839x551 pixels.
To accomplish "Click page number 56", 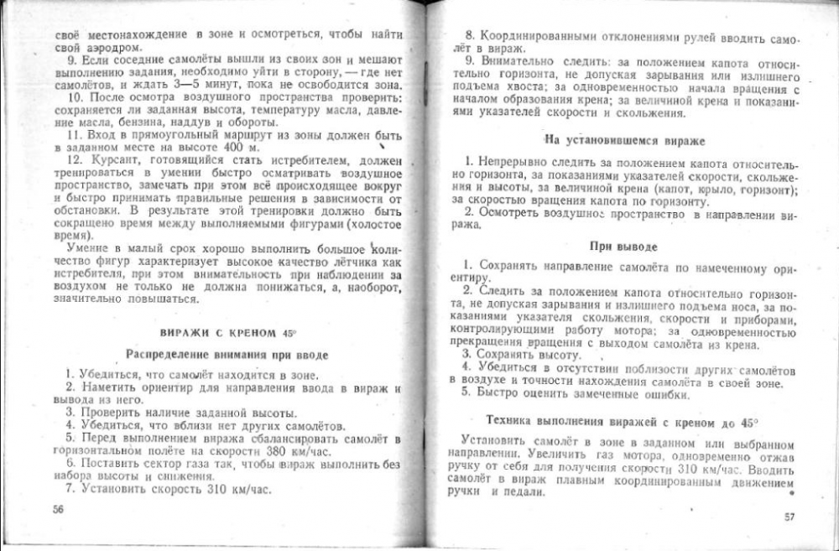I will point(58,508).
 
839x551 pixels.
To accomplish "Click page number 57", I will point(789,516).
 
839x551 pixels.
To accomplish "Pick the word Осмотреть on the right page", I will point(512,213).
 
